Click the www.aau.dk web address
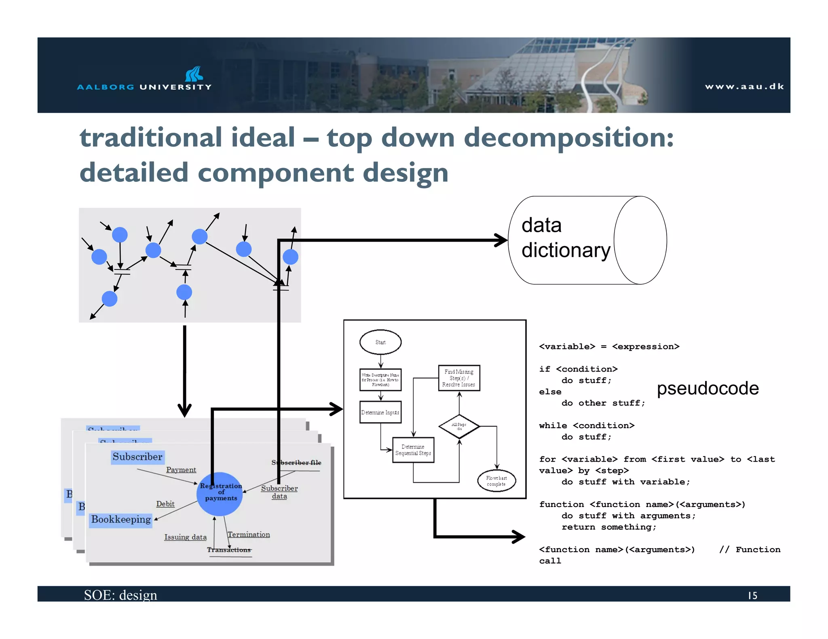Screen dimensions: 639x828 (x=744, y=86)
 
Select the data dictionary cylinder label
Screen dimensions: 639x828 (x=565, y=238)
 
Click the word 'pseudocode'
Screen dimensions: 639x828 (x=708, y=388)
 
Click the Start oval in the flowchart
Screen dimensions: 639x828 (x=380, y=342)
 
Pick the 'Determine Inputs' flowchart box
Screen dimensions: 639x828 (x=380, y=412)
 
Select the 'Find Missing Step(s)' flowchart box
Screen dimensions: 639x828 (x=459, y=378)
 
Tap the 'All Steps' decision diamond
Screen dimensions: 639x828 (x=459, y=426)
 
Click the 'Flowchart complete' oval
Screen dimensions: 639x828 (x=496, y=481)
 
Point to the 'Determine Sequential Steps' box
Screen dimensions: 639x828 (x=413, y=450)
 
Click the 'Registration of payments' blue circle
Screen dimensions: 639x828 (x=220, y=494)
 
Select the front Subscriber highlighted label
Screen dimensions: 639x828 (x=137, y=457)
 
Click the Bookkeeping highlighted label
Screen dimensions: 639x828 (x=121, y=519)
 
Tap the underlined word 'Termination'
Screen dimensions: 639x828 (x=249, y=534)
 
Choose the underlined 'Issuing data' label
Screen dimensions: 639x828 (x=185, y=537)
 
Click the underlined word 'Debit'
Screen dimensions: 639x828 (x=165, y=504)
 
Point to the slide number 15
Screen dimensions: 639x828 (x=752, y=595)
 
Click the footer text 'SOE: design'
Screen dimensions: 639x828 (x=120, y=595)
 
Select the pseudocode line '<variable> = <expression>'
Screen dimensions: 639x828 (x=609, y=347)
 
